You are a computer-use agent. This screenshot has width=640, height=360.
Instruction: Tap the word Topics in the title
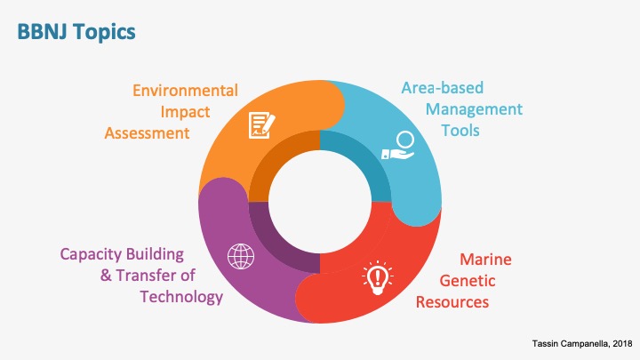104,33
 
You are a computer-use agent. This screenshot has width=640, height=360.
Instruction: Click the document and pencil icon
261,125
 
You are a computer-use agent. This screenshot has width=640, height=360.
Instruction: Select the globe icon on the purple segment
241,256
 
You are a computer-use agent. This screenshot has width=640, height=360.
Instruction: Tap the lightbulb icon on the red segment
377,277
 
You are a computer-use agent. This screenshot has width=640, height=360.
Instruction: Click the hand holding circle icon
398,146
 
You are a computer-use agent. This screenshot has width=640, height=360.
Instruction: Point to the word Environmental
185,91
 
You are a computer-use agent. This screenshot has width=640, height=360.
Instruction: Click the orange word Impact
185,112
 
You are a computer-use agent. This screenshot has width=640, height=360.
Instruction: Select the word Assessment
147,133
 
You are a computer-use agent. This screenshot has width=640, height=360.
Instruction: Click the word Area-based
443,88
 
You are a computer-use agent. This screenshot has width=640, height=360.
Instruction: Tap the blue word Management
474,109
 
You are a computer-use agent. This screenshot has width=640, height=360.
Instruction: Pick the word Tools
460,131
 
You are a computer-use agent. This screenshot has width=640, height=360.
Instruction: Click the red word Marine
485,260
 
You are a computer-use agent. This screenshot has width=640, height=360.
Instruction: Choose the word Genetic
468,281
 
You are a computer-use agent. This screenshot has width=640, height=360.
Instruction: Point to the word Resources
452,302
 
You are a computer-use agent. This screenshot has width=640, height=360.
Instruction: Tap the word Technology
181,297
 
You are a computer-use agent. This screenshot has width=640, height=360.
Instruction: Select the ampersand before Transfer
106,276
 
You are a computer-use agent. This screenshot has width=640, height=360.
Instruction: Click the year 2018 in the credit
622,344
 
